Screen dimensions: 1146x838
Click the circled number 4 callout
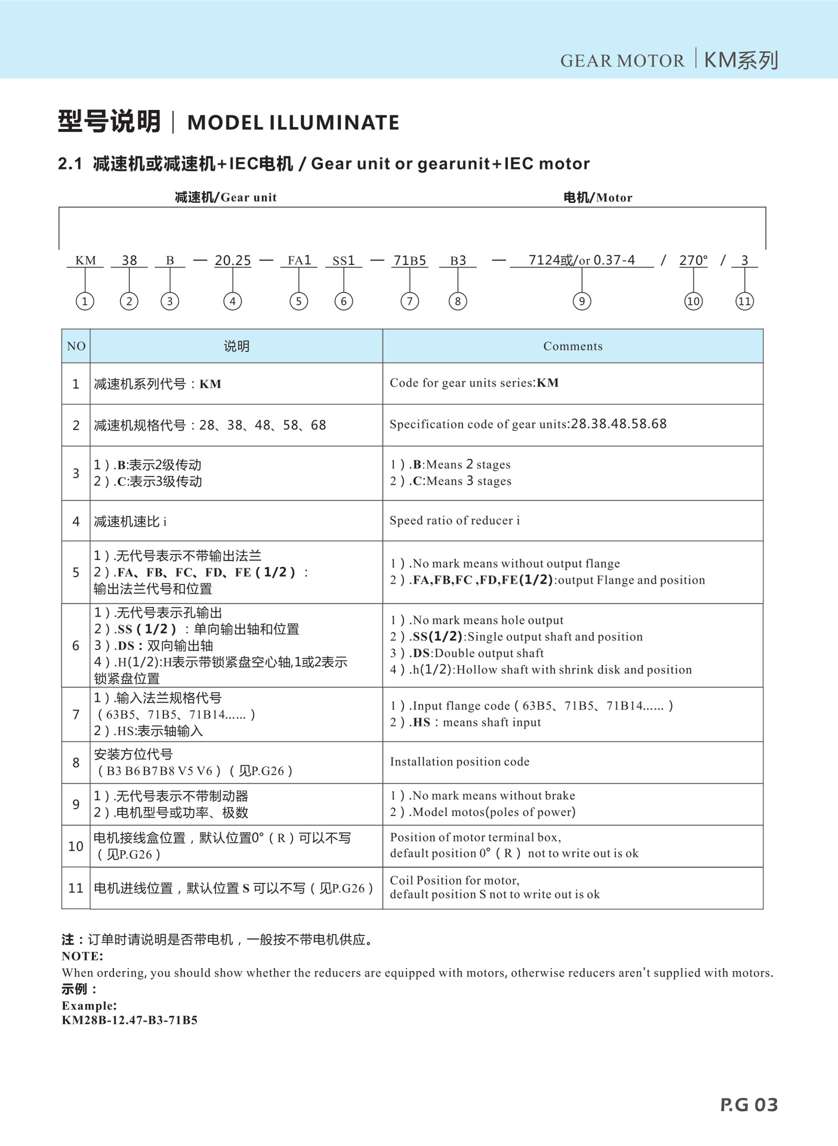(x=233, y=301)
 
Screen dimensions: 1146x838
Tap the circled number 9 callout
(x=582, y=301)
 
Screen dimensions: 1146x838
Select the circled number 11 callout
(x=744, y=301)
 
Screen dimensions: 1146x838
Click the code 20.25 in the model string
(x=233, y=261)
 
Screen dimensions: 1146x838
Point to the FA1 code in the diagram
(x=299, y=261)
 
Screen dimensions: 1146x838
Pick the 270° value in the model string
(x=694, y=261)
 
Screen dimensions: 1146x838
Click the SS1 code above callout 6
(x=344, y=261)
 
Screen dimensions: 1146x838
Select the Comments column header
(x=572, y=346)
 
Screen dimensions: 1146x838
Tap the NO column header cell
(x=76, y=346)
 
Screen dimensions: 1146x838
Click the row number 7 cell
(x=76, y=714)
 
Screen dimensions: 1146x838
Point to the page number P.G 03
(x=749, y=1105)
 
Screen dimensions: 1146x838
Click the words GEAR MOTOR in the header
(x=622, y=61)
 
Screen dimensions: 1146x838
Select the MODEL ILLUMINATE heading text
(x=293, y=123)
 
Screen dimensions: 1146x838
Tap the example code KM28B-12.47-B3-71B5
(x=130, y=1020)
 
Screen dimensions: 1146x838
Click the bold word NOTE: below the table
(x=82, y=956)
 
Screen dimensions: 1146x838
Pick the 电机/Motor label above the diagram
(x=597, y=198)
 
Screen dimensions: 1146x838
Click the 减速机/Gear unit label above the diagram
(x=226, y=198)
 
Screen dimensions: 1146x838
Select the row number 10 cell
(x=76, y=846)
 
